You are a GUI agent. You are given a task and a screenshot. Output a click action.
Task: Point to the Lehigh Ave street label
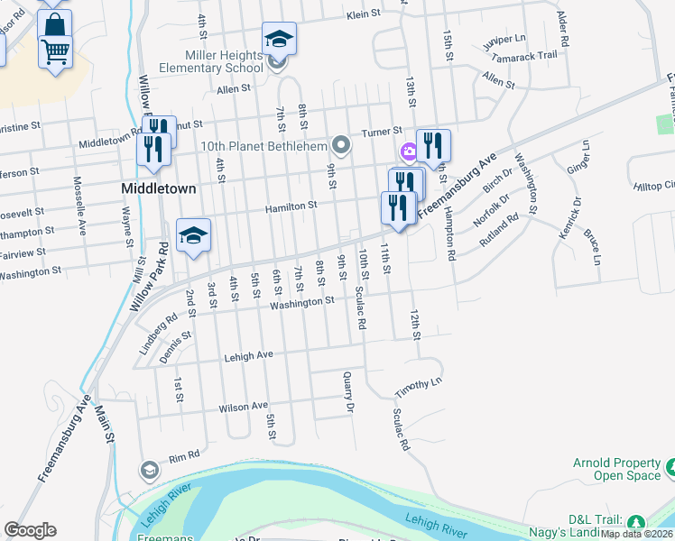pyautogui.click(x=249, y=355)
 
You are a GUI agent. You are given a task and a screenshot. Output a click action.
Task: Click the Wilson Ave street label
pyautogui.click(x=244, y=407)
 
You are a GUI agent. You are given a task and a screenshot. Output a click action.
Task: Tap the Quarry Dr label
pyautogui.click(x=348, y=393)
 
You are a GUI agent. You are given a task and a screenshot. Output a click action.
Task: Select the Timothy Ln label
pyautogui.click(x=419, y=387)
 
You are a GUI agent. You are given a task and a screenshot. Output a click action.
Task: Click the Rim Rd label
pyautogui.click(x=183, y=457)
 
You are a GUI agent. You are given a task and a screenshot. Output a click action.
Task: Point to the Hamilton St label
pyautogui.click(x=291, y=206)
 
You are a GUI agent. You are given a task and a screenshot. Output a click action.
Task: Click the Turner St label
pyautogui.click(x=382, y=132)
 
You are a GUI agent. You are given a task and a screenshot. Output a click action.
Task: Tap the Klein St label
pyautogui.click(x=365, y=15)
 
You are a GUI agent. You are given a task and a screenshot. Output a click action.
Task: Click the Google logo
pyautogui.click(x=30, y=530)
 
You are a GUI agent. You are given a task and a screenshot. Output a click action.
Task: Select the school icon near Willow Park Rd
pyautogui.click(x=193, y=235)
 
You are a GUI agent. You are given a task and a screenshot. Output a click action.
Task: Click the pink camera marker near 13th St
pyautogui.click(x=409, y=151)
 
